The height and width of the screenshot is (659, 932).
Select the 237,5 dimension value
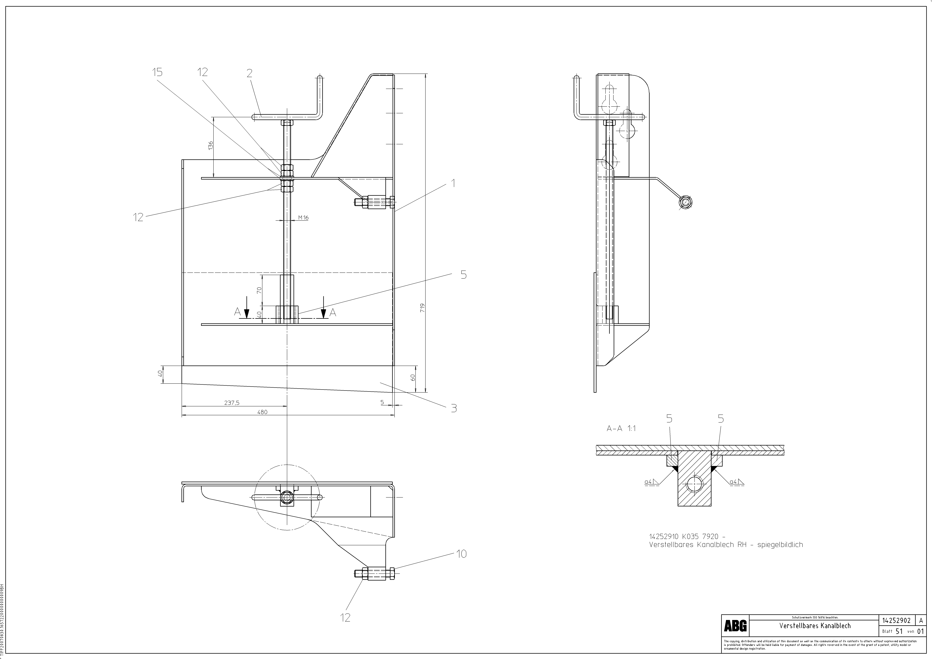tap(232, 403)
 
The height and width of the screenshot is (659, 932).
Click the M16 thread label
tap(303, 218)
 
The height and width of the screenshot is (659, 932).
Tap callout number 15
tap(157, 72)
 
